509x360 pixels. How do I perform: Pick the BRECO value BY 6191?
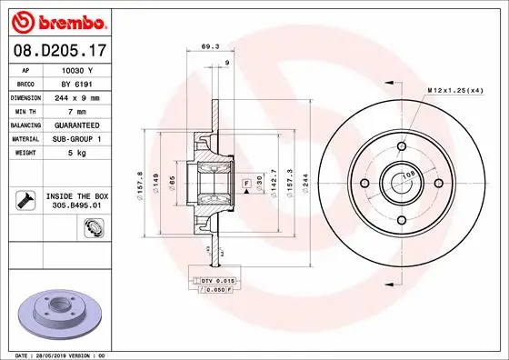click(77, 83)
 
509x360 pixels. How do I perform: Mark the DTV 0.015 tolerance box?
click(218, 281)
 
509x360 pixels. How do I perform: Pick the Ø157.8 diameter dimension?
click(139, 184)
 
